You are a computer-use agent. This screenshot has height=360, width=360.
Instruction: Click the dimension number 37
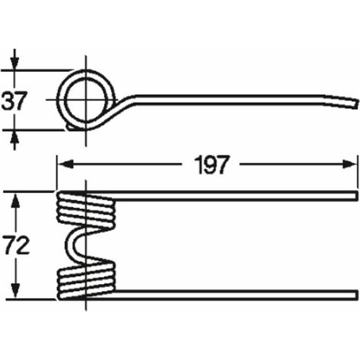tap(14, 101)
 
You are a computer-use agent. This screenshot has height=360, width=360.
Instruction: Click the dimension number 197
tap(211, 165)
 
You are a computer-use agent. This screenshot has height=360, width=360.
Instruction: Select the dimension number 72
tap(17, 246)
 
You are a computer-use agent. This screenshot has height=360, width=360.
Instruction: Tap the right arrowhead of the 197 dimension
tap(349, 164)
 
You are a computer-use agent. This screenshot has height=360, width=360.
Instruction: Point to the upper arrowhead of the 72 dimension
tap(16, 201)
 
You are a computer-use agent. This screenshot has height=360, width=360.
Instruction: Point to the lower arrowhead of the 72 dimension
tap(16, 291)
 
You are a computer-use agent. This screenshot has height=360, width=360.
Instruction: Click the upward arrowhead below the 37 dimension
tap(15, 138)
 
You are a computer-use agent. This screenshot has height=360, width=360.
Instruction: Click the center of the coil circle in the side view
tap(86, 100)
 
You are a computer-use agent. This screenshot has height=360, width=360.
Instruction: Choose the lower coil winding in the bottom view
tap(86, 281)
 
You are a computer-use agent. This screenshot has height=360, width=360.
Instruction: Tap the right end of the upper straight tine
tap(356, 195)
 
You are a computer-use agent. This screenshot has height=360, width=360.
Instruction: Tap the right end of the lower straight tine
tap(356, 295)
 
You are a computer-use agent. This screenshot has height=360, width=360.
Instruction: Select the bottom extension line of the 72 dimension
tap(31, 299)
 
